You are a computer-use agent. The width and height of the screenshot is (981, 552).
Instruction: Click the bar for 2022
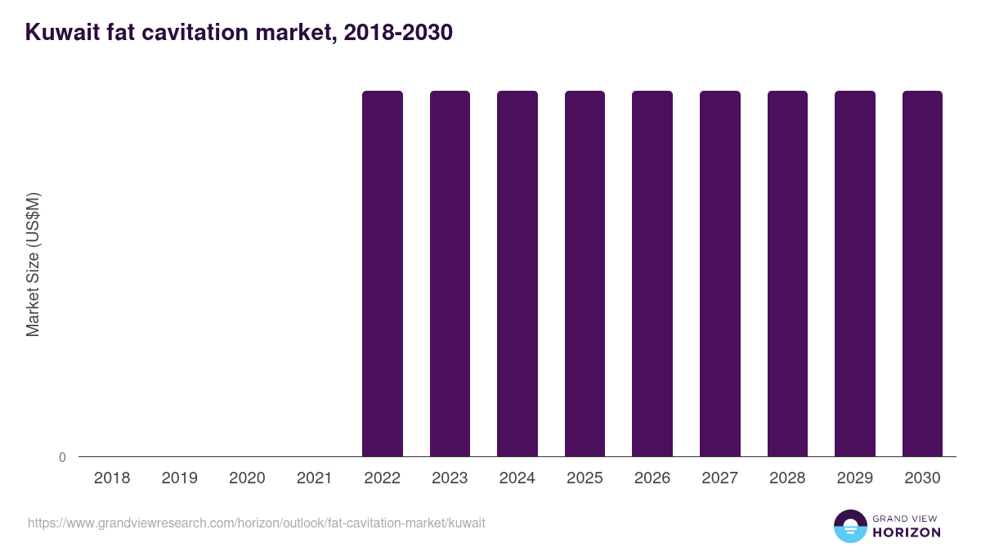tap(383, 273)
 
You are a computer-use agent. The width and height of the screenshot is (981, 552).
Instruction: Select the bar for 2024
tap(517, 273)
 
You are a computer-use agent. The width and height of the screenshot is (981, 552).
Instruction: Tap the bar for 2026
tap(652, 273)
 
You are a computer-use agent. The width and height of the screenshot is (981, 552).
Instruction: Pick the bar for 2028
tap(787, 273)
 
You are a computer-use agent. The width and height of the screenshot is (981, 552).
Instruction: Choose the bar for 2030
tap(922, 273)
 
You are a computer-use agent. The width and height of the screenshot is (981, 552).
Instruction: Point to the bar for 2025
tap(585, 273)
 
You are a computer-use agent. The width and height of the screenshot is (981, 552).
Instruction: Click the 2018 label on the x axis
tap(112, 478)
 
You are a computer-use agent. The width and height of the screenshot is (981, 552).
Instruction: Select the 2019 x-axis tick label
tap(179, 478)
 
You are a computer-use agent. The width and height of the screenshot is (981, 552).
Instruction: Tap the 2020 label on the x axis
tap(247, 478)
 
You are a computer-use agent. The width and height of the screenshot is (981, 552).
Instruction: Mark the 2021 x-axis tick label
tap(314, 478)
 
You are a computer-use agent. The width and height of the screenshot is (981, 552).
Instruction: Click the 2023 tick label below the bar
tap(450, 478)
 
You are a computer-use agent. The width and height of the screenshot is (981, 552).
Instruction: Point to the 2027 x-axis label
tap(719, 478)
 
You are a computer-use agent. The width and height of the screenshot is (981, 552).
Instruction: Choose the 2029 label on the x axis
tap(854, 478)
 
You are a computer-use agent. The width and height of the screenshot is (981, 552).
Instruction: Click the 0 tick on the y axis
tap(62, 457)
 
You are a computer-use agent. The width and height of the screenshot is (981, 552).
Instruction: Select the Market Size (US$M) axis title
tap(33, 265)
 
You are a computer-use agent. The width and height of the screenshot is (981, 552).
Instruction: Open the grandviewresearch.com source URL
tap(257, 523)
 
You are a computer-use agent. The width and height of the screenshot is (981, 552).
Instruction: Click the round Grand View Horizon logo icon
tap(850, 526)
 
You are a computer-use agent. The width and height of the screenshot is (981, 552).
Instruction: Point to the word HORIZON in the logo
tap(907, 532)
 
